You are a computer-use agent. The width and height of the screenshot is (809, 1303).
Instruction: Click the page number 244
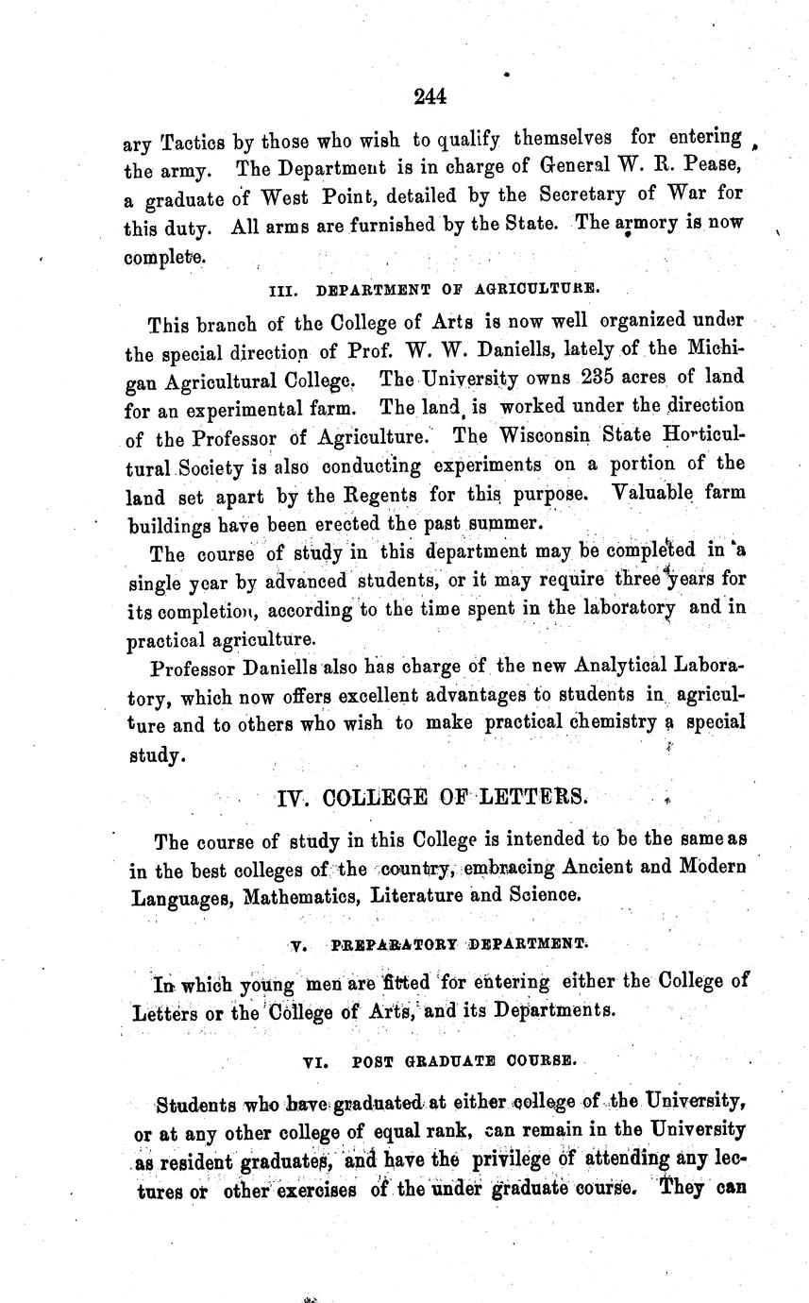[429, 95]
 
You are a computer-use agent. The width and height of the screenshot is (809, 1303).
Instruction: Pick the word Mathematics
[299, 895]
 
